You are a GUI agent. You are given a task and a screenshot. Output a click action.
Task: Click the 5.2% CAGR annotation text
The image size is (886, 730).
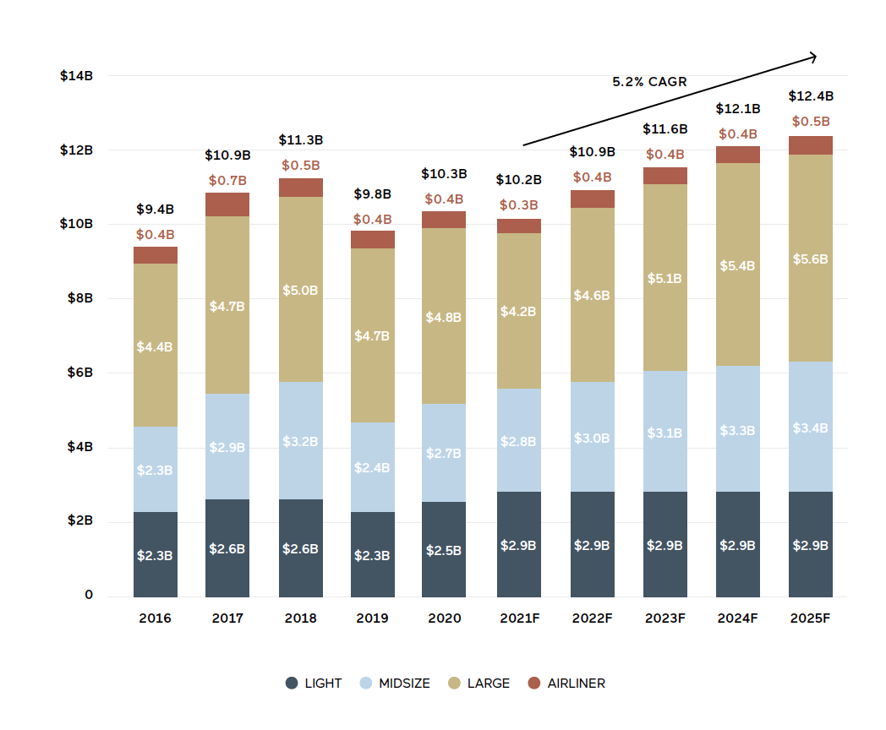[649, 82]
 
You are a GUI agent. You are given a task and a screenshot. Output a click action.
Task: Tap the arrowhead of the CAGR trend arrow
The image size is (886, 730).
[813, 57]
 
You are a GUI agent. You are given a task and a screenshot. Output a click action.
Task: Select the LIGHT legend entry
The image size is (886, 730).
[314, 684]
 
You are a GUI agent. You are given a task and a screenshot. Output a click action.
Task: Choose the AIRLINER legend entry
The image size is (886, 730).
[566, 684]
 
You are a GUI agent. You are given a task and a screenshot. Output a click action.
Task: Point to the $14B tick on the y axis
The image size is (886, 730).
[76, 76]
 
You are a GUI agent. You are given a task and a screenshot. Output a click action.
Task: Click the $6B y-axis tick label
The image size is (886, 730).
[76, 373]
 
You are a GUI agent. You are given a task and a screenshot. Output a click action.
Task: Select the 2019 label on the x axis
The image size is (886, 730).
[372, 618]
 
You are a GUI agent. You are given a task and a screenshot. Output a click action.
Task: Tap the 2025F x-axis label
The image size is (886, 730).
[810, 618]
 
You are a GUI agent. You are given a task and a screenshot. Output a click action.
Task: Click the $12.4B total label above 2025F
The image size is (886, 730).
[811, 96]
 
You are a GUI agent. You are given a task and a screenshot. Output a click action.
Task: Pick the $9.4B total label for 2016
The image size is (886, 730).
[155, 210]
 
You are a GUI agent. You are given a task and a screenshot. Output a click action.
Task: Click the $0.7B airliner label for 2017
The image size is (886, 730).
[227, 181]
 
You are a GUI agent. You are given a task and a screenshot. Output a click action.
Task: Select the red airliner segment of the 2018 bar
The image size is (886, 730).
[300, 188]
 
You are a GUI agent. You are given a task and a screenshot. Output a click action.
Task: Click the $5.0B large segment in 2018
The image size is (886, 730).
[300, 290]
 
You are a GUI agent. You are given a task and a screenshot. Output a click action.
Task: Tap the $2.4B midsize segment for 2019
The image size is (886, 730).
[372, 467]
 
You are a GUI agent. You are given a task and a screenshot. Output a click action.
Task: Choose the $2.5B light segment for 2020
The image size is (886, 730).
[445, 550]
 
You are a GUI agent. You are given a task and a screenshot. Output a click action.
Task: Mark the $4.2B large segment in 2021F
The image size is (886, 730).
[518, 311]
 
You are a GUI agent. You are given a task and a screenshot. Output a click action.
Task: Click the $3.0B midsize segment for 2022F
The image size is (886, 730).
[592, 438]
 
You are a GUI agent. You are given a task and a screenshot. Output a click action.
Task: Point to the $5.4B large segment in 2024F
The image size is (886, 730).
[737, 265]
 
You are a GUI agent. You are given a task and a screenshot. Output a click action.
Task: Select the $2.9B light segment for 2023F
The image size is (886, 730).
[664, 545]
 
